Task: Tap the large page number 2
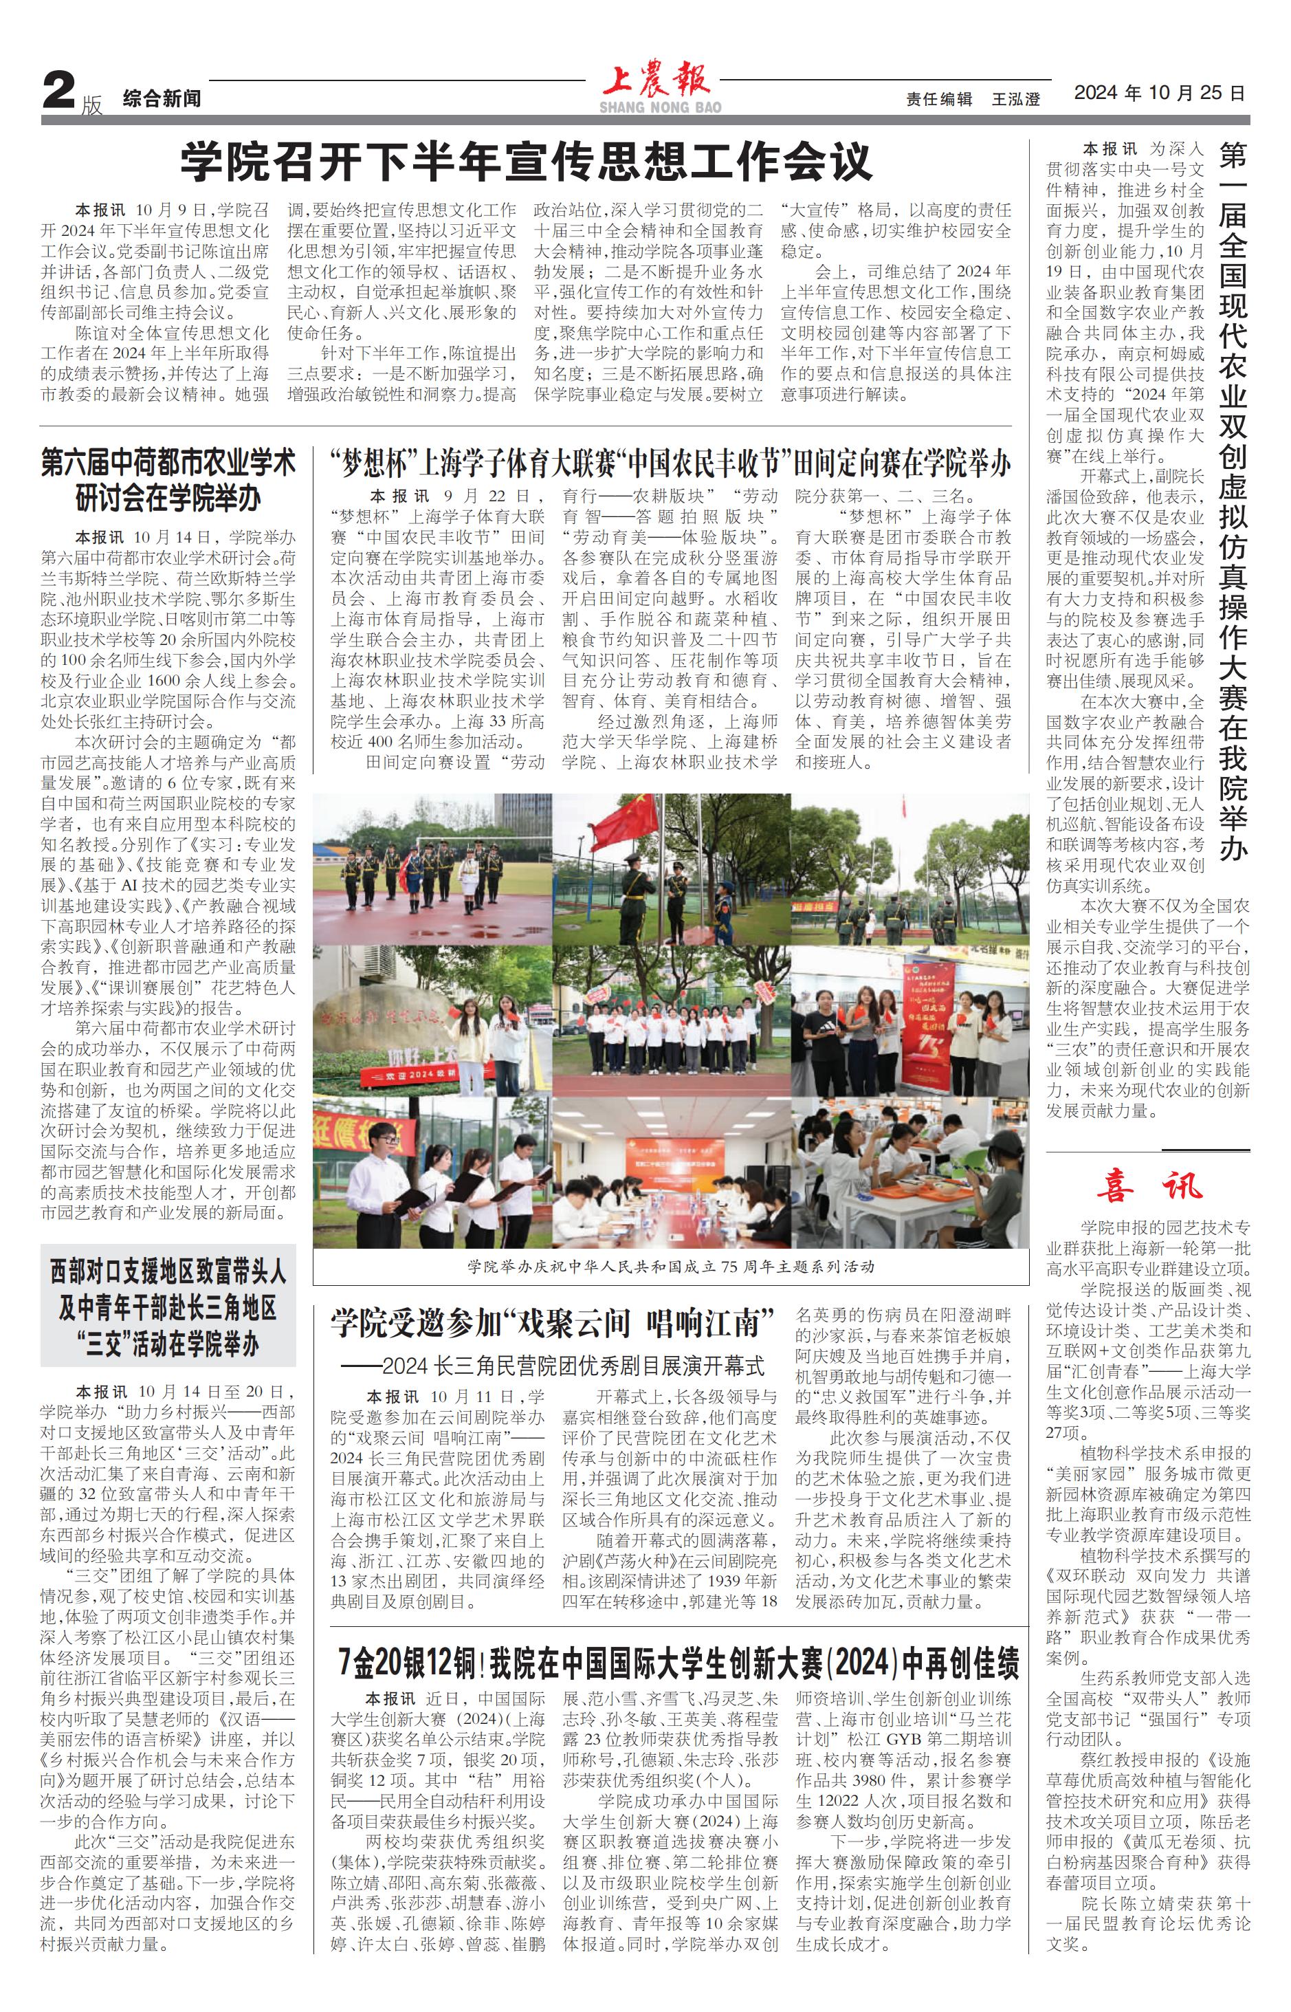click(x=60, y=91)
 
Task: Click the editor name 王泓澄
click(x=1015, y=99)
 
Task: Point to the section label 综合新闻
click(x=162, y=99)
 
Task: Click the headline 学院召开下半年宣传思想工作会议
click(x=527, y=160)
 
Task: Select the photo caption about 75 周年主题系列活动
click(x=671, y=1266)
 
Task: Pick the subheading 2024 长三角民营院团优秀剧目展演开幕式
click(x=553, y=1367)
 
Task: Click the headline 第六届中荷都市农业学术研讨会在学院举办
click(x=168, y=481)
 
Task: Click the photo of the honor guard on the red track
click(x=432, y=868)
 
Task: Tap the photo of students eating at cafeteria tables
click(x=909, y=1172)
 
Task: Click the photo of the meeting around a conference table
click(x=671, y=1172)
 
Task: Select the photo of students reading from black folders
click(x=432, y=1172)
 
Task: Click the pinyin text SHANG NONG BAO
click(x=660, y=107)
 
